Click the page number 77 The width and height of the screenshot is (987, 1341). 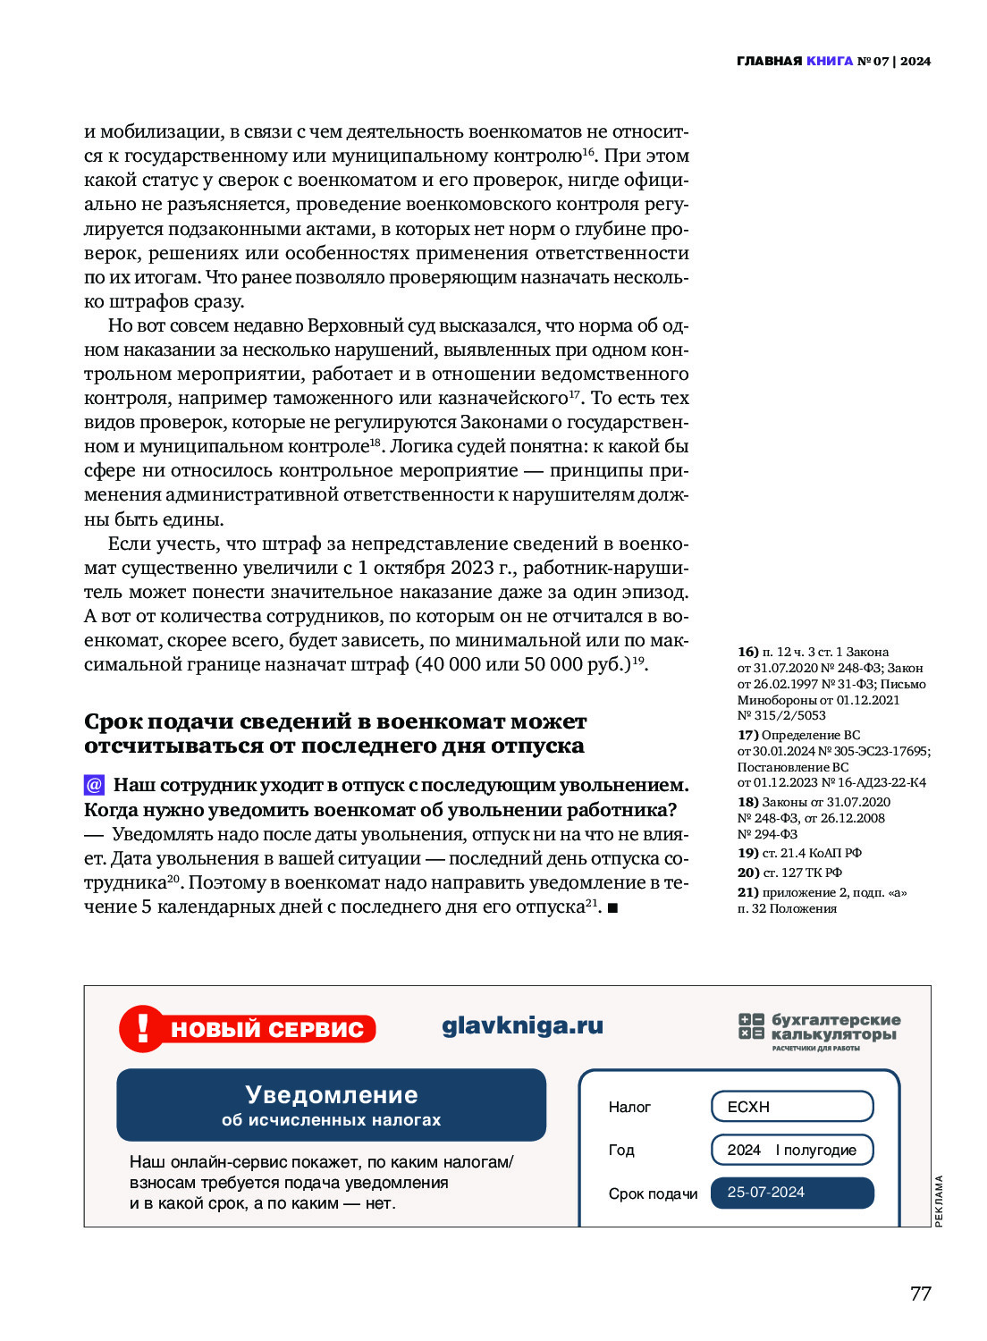[x=920, y=1294]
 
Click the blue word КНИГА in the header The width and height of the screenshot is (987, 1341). [x=829, y=61]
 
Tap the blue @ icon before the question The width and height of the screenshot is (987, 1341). [x=95, y=785]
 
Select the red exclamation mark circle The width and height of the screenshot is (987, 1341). [x=142, y=1027]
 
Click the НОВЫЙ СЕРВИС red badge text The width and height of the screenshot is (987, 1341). [x=266, y=1029]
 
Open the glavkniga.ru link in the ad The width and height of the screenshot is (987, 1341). [x=522, y=1025]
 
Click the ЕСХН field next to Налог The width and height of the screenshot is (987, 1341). [x=791, y=1107]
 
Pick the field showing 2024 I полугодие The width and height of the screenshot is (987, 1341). [x=791, y=1150]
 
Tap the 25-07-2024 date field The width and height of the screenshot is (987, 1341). [x=791, y=1193]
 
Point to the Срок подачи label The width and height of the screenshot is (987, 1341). [x=653, y=1193]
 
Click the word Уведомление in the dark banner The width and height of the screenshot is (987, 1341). [x=332, y=1095]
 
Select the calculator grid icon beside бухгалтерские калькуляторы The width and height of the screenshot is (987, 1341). [x=751, y=1026]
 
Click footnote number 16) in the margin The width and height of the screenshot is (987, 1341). [x=747, y=652]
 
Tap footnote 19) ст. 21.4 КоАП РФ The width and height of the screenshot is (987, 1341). [x=799, y=853]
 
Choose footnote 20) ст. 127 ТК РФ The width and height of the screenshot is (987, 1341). [x=789, y=873]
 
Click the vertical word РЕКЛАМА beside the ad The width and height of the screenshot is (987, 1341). [x=939, y=1201]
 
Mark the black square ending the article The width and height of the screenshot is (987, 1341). [x=612, y=908]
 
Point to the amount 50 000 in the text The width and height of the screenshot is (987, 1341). [x=541, y=664]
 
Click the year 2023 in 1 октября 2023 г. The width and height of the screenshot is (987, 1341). [x=472, y=568]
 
